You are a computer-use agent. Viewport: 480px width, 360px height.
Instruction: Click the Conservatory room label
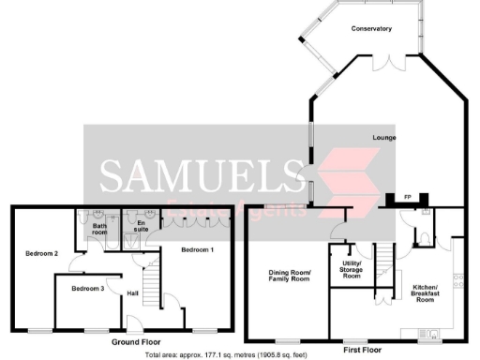372,29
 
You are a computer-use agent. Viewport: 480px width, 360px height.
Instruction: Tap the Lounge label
383,138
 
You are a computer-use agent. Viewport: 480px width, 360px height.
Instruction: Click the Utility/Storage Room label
352,269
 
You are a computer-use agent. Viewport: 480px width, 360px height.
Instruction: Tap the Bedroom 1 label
198,249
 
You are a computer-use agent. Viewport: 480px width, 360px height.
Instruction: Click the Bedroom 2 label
42,254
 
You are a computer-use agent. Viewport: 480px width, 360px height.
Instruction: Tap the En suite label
142,226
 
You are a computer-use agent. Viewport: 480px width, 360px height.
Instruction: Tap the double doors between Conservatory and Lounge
386,65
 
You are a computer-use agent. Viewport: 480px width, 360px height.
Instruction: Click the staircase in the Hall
148,278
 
